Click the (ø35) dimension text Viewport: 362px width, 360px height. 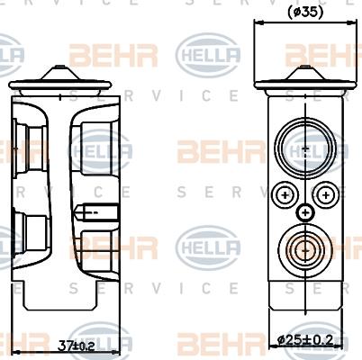(305, 13)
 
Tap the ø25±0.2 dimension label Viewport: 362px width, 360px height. (307, 339)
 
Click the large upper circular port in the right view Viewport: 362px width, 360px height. (305, 146)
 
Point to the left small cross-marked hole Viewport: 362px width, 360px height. (285, 194)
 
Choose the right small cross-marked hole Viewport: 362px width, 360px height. (326, 194)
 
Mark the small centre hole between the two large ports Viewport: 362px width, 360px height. (306, 212)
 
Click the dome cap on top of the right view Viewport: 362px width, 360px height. (306, 74)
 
